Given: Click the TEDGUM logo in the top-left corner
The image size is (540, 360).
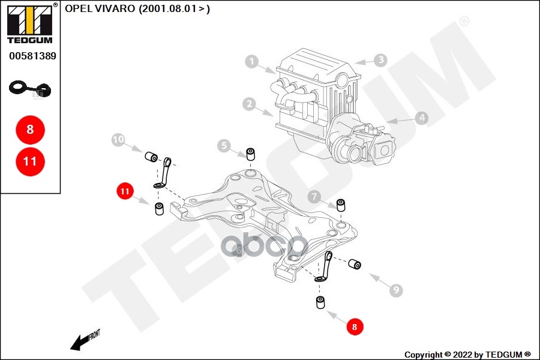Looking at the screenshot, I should click(x=29, y=23).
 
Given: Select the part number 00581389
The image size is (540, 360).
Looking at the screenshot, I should click(x=32, y=56).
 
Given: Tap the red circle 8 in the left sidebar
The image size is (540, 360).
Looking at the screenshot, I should click(x=30, y=129).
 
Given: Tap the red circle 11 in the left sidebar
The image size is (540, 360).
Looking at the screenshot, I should click(x=30, y=161).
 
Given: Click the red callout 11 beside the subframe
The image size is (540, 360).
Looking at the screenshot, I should click(x=124, y=192).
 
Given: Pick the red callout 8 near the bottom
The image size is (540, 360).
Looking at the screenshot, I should click(x=355, y=327).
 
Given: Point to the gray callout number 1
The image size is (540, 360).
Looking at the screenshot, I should click(x=252, y=61).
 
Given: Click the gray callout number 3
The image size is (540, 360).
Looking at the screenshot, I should click(x=380, y=60).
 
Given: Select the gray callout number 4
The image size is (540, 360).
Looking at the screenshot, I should click(x=422, y=118).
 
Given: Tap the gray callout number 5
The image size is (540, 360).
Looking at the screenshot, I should click(x=224, y=145).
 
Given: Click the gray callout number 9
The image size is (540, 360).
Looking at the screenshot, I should click(x=395, y=290).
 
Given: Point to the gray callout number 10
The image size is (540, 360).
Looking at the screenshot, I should click(x=118, y=140).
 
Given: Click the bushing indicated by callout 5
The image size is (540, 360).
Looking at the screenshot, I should click(x=251, y=153).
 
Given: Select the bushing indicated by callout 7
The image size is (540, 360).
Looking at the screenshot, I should click(x=341, y=205).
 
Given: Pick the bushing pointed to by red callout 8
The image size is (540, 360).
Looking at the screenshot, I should click(x=320, y=302).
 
